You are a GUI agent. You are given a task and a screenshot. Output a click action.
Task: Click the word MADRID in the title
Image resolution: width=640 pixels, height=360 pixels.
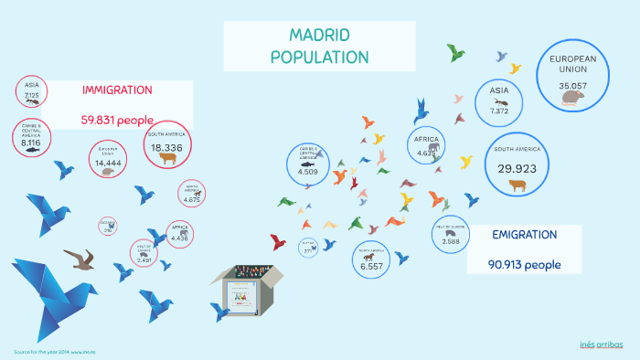click(x=319, y=36)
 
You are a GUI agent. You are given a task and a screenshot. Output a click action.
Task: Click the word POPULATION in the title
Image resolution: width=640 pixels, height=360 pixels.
click(x=319, y=57)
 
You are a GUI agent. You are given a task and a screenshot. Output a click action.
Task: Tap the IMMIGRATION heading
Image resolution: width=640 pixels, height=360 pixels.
click(x=117, y=90)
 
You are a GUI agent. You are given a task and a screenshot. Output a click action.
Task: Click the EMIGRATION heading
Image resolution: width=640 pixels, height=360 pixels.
click(x=524, y=235)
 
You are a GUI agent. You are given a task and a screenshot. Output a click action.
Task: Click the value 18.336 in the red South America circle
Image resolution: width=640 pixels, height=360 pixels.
click(x=167, y=147)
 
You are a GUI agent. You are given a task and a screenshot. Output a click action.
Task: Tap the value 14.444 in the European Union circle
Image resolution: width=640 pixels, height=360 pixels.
click(x=109, y=163)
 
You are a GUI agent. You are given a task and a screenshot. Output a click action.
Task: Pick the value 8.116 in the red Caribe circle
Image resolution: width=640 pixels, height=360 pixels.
click(x=30, y=143)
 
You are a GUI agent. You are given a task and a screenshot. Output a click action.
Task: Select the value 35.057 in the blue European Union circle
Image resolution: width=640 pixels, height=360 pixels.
click(x=572, y=86)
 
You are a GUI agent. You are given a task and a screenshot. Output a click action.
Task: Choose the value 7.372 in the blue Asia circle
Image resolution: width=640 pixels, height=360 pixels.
click(x=499, y=111)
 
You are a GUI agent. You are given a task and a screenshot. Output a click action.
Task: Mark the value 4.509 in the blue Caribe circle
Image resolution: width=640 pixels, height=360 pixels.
click(x=308, y=171)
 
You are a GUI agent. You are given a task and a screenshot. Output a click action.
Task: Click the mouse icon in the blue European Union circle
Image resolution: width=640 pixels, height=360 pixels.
click(x=572, y=98)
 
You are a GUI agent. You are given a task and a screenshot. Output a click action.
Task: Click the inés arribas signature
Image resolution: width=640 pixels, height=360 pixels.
click(x=602, y=344)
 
